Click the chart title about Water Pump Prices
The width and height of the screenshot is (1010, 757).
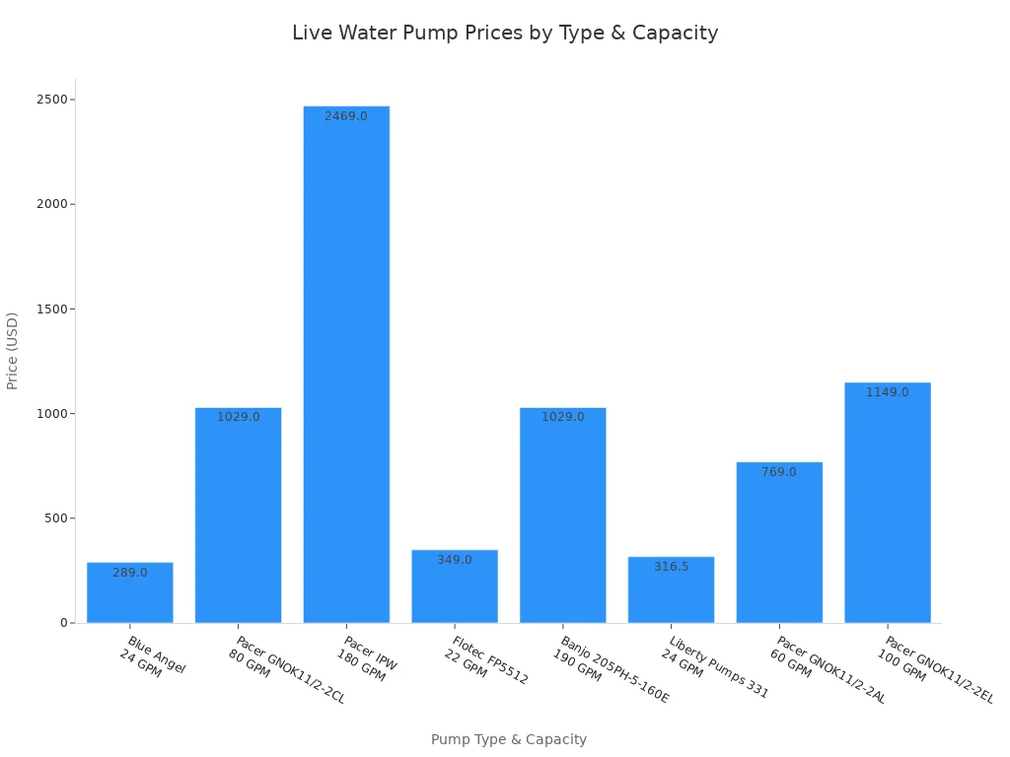click(x=505, y=33)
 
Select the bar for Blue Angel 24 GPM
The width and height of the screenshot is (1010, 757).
click(x=130, y=593)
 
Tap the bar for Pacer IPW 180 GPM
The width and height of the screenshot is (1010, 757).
click(x=346, y=365)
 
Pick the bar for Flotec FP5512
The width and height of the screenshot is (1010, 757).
click(x=455, y=587)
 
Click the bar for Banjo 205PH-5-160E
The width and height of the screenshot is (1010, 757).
click(x=563, y=516)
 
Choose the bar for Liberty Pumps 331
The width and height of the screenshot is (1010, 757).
click(x=671, y=590)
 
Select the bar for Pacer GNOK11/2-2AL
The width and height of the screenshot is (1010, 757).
click(x=779, y=543)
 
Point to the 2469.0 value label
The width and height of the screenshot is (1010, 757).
click(x=346, y=116)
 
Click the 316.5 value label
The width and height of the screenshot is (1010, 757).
click(x=671, y=567)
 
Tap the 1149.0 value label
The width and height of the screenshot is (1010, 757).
click(x=888, y=392)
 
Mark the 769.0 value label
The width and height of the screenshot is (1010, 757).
click(x=779, y=472)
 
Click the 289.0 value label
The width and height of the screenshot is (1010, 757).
click(x=130, y=573)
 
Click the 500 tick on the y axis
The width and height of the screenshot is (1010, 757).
click(x=56, y=518)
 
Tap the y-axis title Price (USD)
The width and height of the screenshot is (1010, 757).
click(x=13, y=351)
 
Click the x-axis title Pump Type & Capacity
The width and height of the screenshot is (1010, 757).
click(x=509, y=739)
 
